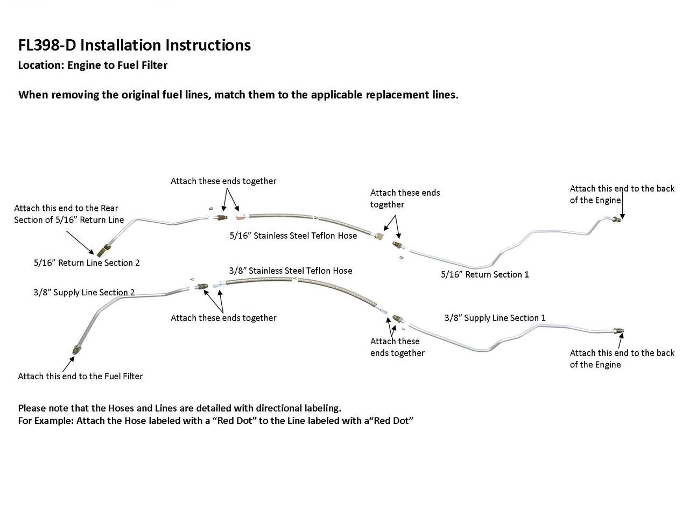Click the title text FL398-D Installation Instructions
tap(134, 45)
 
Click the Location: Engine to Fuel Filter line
tap(93, 66)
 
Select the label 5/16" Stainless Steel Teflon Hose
tap(293, 236)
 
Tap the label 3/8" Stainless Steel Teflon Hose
tap(291, 271)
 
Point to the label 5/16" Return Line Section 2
tap(87, 263)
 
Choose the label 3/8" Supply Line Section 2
tap(84, 293)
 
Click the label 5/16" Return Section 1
tap(484, 274)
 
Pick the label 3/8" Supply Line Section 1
tap(495, 318)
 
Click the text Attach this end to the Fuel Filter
tap(80, 377)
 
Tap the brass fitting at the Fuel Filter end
tap(74, 350)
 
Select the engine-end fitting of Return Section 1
tap(618, 218)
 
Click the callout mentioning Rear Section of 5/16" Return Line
tap(68, 214)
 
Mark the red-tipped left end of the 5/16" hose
tap(239, 217)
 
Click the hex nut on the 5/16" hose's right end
tap(381, 235)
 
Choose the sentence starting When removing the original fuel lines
tap(238, 95)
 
